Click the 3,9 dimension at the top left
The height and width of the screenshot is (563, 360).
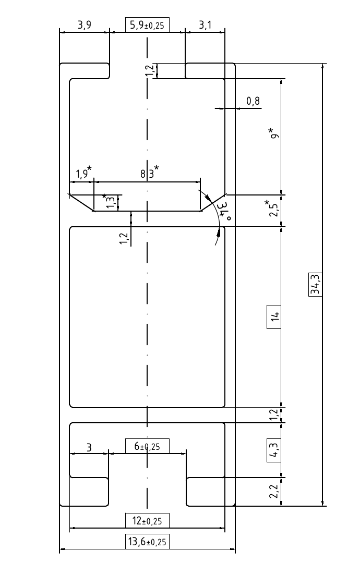click(85, 25)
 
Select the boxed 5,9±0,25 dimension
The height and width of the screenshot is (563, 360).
click(147, 25)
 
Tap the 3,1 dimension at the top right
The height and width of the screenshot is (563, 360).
click(205, 25)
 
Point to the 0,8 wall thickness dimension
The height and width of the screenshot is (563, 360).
click(253, 101)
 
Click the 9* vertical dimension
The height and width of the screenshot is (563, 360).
click(275, 133)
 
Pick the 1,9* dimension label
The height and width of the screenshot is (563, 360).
click(83, 173)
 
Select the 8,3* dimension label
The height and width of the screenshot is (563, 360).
click(150, 173)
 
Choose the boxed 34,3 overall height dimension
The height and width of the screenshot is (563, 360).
click(315, 285)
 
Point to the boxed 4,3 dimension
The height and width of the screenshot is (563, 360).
click(273, 450)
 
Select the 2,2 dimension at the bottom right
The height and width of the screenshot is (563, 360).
click(274, 491)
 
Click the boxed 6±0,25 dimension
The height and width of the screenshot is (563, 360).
click(147, 446)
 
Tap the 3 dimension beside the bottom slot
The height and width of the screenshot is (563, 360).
click(89, 447)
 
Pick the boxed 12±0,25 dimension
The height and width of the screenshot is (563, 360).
click(147, 521)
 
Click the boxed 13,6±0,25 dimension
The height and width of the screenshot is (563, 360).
click(147, 542)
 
